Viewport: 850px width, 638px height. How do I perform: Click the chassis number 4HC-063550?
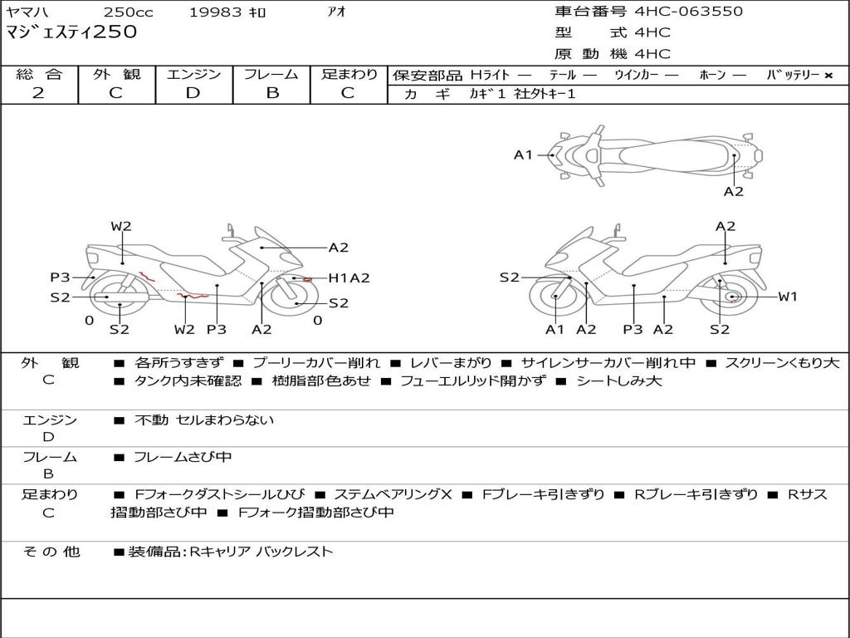tap(689, 12)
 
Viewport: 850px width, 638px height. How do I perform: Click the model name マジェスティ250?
tap(71, 32)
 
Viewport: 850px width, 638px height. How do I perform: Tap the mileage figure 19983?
tap(215, 12)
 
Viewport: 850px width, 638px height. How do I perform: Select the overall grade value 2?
tap(38, 93)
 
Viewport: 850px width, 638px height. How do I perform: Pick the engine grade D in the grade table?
tap(193, 93)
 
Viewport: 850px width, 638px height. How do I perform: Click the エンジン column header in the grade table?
tap(193, 74)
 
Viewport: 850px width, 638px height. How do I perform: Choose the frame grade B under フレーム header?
tap(271, 93)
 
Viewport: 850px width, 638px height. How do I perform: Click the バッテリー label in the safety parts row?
tap(793, 75)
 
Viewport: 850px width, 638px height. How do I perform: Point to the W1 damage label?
tap(787, 297)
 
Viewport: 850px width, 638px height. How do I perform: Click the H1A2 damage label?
tap(349, 278)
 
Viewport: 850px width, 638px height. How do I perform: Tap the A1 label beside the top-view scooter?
tap(523, 155)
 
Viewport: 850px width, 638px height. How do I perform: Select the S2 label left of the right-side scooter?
tap(509, 277)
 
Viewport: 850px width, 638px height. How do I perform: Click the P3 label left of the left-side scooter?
tap(60, 277)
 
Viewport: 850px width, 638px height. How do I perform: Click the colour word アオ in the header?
tap(336, 12)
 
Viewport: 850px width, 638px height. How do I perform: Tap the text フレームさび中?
tap(183, 458)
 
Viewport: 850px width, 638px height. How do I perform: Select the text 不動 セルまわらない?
tap(204, 420)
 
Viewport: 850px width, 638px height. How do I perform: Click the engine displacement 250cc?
tap(127, 12)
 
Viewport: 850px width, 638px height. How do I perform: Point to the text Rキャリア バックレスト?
tap(261, 552)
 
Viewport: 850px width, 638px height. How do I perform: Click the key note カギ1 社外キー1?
tap(522, 94)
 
